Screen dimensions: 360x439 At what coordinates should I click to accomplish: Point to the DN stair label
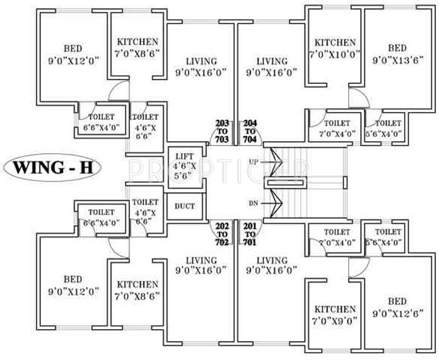pyautogui.click(x=253, y=204)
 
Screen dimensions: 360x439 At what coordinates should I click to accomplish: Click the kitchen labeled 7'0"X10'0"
pyautogui.click(x=335, y=48)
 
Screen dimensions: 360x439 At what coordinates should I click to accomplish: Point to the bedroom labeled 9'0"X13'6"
pyautogui.click(x=397, y=54)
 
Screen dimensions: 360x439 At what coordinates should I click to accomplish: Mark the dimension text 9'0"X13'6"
pyautogui.click(x=397, y=61)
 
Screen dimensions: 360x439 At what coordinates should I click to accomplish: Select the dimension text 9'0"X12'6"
pyautogui.click(x=397, y=312)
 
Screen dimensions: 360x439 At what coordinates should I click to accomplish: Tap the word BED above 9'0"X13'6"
pyautogui.click(x=397, y=48)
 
